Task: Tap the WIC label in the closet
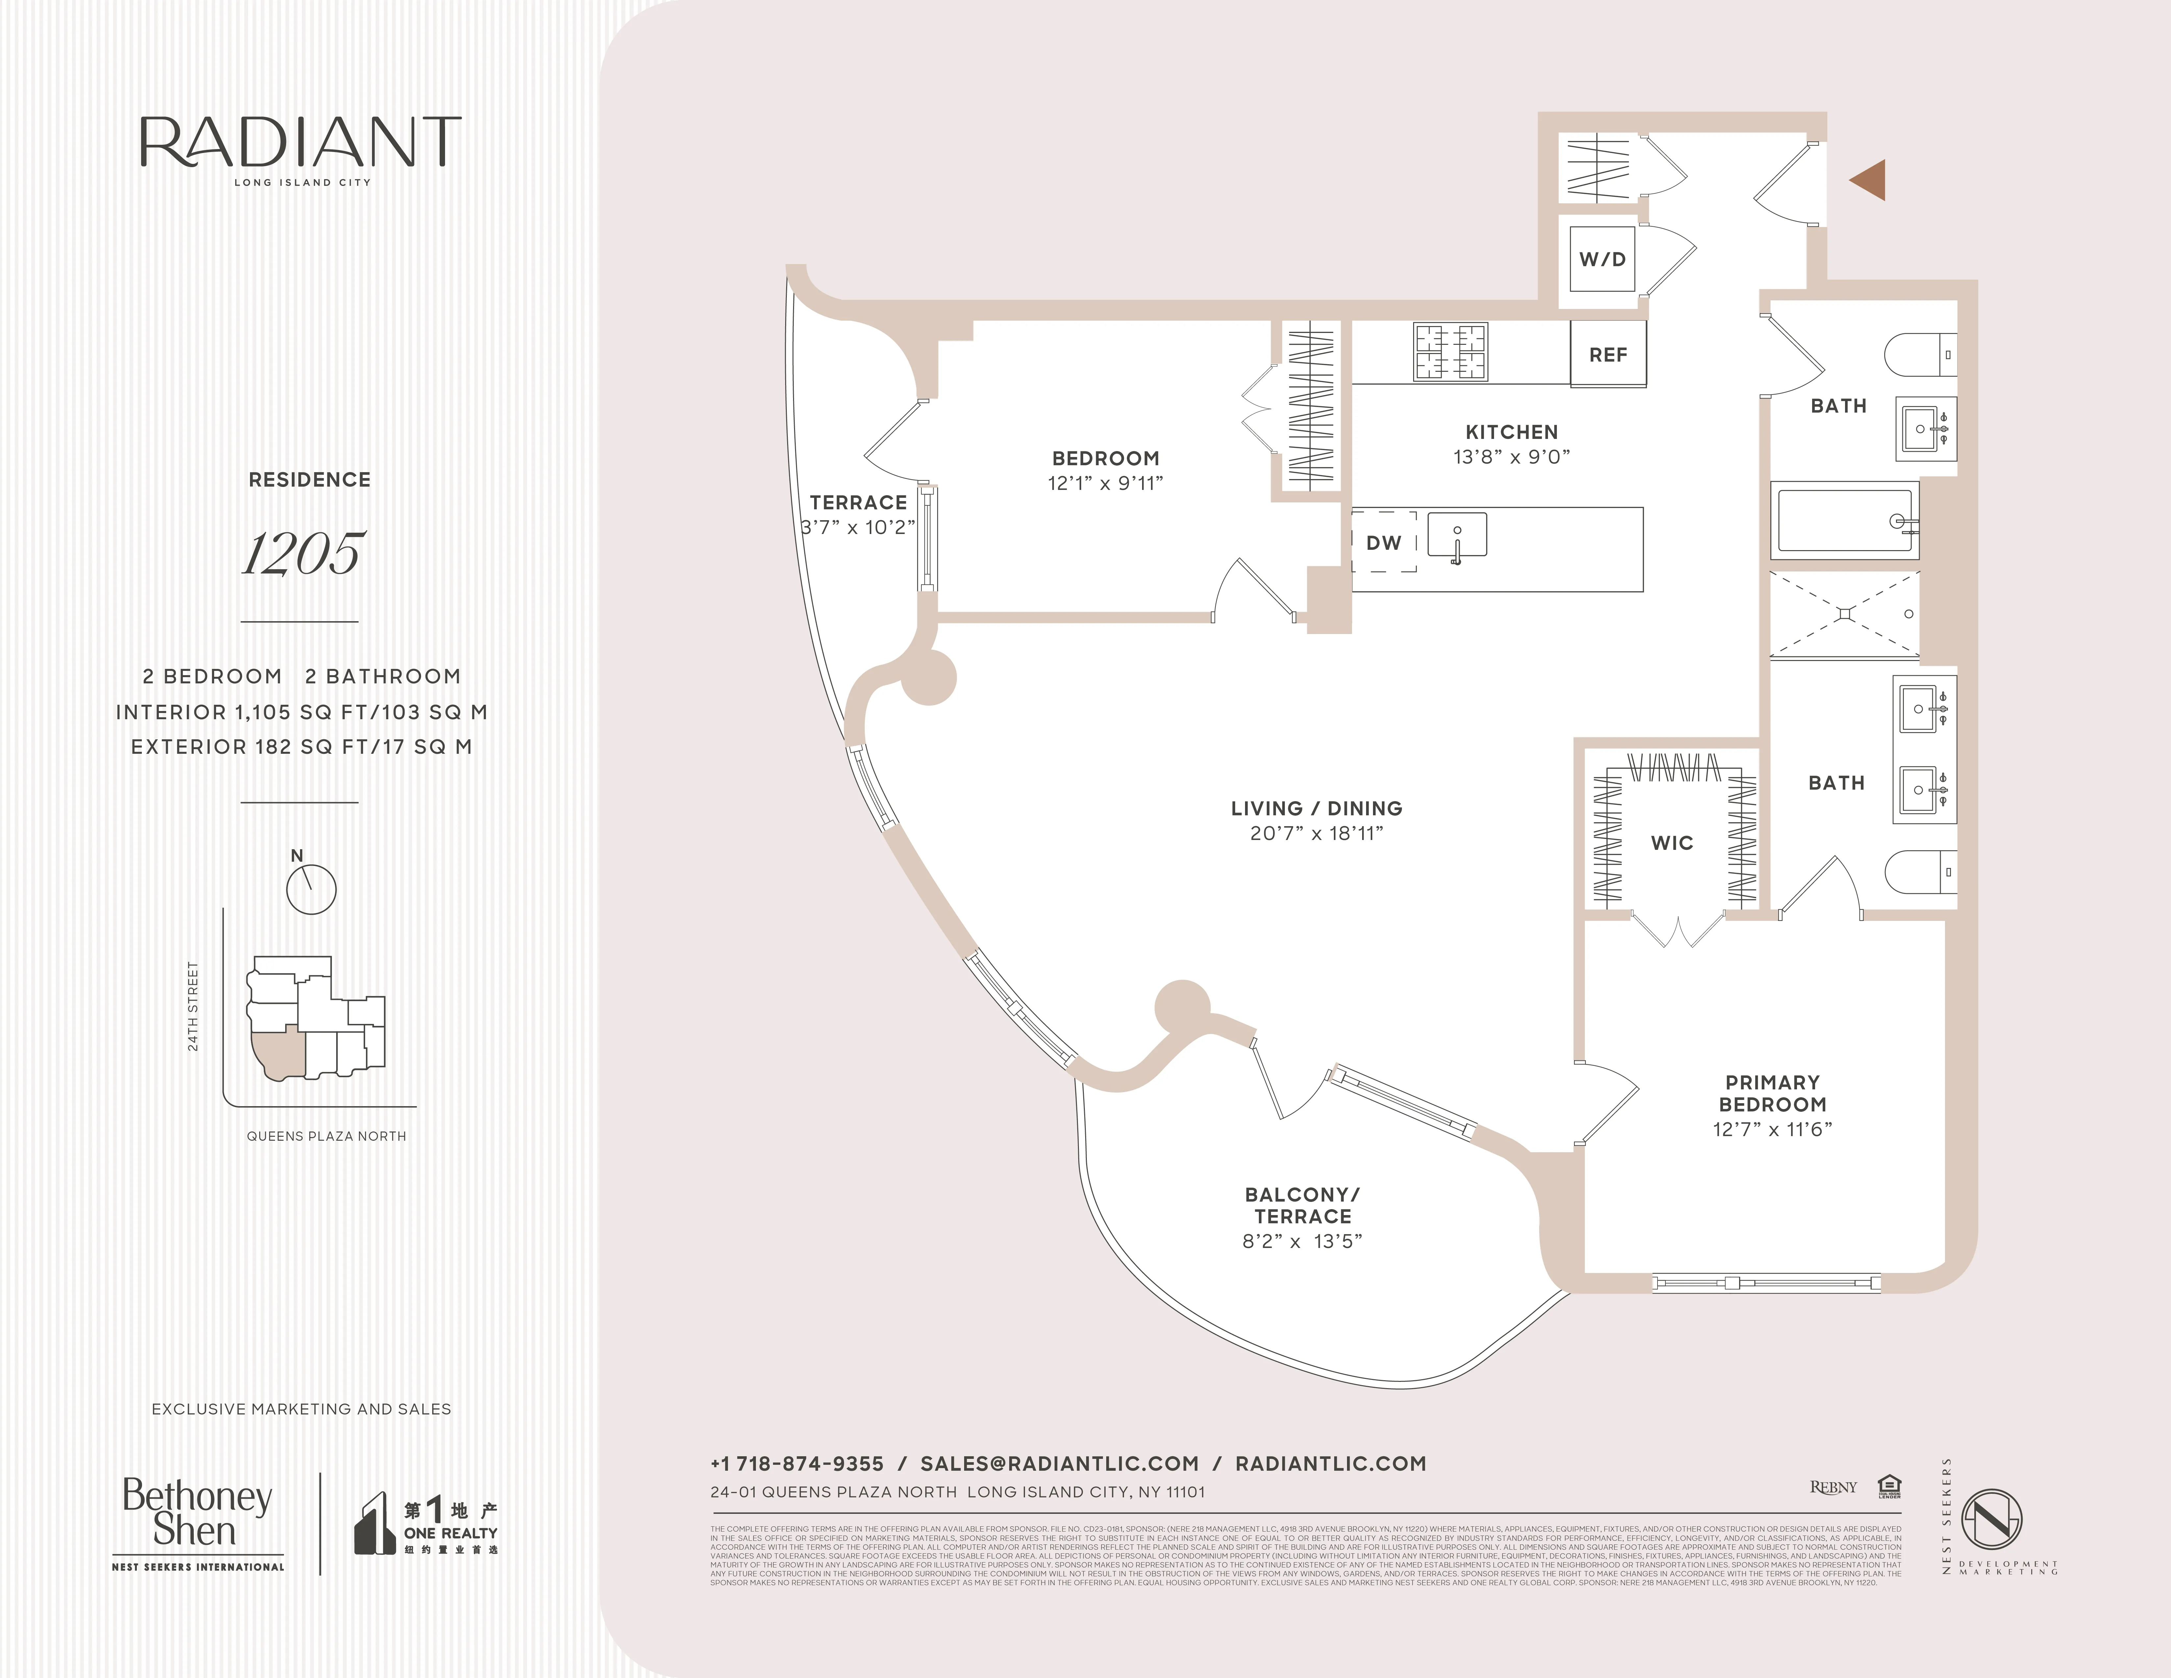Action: pyautogui.click(x=1672, y=843)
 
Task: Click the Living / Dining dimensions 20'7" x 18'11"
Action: pyautogui.click(x=1316, y=833)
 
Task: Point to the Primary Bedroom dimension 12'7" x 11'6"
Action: pyautogui.click(x=1771, y=1129)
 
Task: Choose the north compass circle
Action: pyautogui.click(x=311, y=889)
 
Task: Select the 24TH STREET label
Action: pyautogui.click(x=193, y=1006)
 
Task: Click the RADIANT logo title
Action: pyautogui.click(x=300, y=144)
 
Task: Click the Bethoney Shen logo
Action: pyautogui.click(x=198, y=1513)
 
